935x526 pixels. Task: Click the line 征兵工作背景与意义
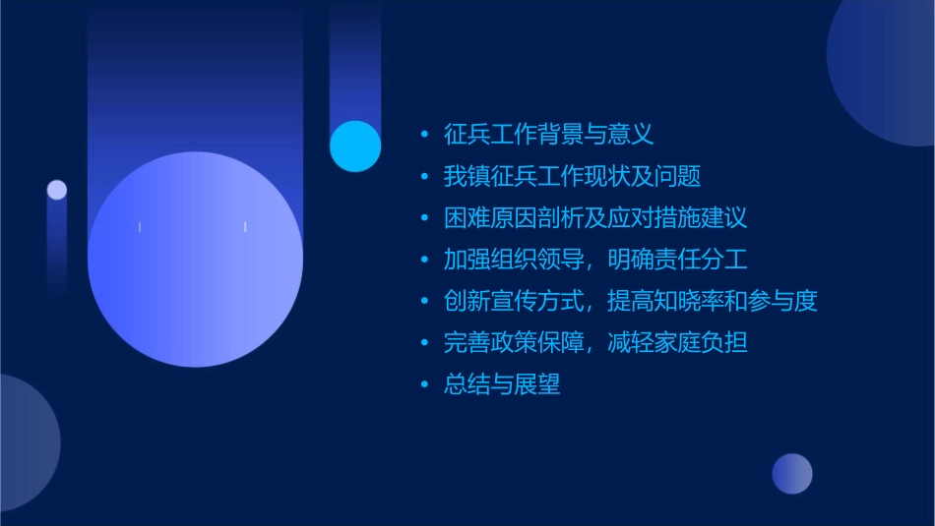(x=548, y=134)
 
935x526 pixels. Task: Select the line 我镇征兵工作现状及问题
(x=572, y=176)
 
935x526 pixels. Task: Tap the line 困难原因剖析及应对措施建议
(x=595, y=218)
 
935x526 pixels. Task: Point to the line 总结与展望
(x=502, y=384)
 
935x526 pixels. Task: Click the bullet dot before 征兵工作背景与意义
(x=424, y=135)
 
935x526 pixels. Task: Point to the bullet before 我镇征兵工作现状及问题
(x=424, y=177)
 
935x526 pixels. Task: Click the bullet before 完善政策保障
(x=424, y=344)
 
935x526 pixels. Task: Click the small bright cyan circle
(x=355, y=146)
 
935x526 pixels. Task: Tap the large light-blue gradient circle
(x=195, y=260)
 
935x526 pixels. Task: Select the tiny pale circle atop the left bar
(x=57, y=190)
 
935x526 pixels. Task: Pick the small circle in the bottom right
(x=792, y=474)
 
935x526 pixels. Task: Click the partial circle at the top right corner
(x=886, y=69)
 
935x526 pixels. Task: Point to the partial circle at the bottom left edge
(x=25, y=442)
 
